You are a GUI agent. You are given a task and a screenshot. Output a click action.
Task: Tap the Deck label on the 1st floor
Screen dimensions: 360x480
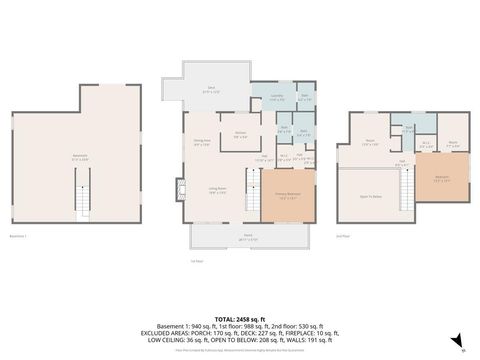pyautogui.click(x=212, y=89)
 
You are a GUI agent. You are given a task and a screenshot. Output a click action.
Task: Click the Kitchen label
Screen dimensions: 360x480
pyautogui.click(x=241, y=136)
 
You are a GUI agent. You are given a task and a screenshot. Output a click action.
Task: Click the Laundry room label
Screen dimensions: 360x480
pyautogui.click(x=276, y=98)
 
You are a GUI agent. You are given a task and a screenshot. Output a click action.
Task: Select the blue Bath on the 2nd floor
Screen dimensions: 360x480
pyautogui.click(x=408, y=129)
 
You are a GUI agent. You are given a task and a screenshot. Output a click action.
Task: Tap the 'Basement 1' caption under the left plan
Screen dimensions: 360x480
pyautogui.click(x=17, y=235)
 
